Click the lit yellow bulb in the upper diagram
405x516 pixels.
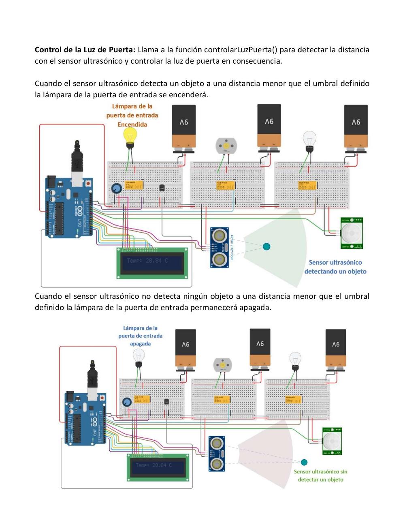click(130, 135)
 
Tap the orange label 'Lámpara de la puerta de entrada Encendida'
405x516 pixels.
click(132, 116)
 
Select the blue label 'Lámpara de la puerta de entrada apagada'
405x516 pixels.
click(140, 336)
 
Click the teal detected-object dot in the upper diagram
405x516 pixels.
click(266, 246)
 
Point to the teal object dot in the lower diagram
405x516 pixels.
click(304, 462)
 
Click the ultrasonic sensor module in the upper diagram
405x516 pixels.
click(219, 247)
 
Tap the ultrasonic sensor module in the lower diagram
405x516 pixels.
click(217, 454)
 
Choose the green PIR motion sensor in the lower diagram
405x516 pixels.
click(333, 441)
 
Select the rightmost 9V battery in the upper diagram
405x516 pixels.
click(356, 127)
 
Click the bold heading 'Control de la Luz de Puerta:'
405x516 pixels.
click(85, 50)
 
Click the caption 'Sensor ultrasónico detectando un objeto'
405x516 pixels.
click(335, 267)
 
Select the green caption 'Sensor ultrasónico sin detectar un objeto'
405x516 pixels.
click(320, 475)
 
